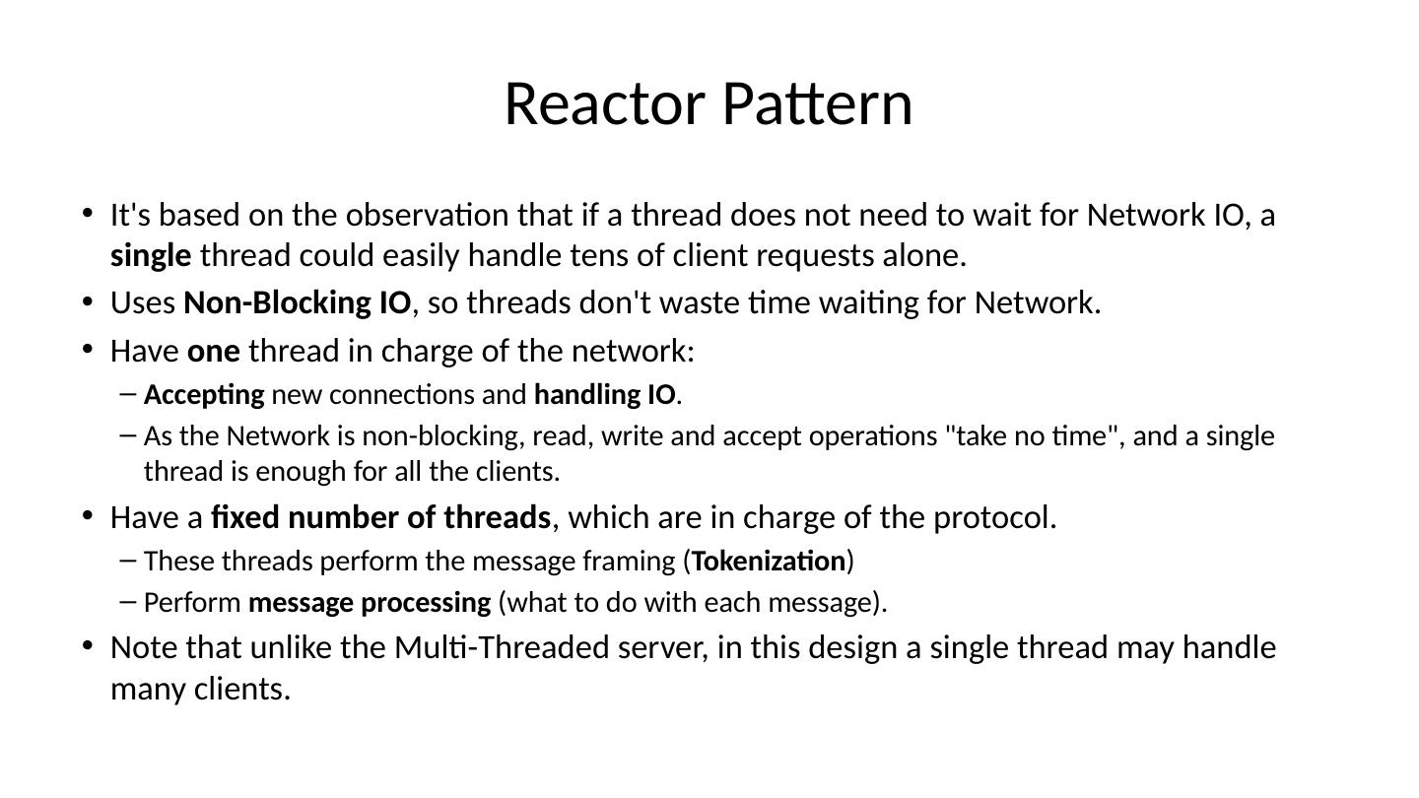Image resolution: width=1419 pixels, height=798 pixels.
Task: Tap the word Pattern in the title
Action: (818, 103)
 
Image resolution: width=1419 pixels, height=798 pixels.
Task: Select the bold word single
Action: (151, 255)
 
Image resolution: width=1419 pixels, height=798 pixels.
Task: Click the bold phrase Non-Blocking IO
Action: (297, 302)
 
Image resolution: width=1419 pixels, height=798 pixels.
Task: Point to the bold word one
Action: (213, 351)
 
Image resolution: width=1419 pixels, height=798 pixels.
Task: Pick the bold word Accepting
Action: (204, 395)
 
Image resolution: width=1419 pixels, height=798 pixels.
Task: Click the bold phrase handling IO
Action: (604, 395)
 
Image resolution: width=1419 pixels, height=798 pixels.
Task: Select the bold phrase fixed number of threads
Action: (380, 517)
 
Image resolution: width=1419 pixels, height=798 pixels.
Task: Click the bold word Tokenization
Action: (769, 562)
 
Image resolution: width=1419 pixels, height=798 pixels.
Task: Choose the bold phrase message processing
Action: (370, 602)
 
